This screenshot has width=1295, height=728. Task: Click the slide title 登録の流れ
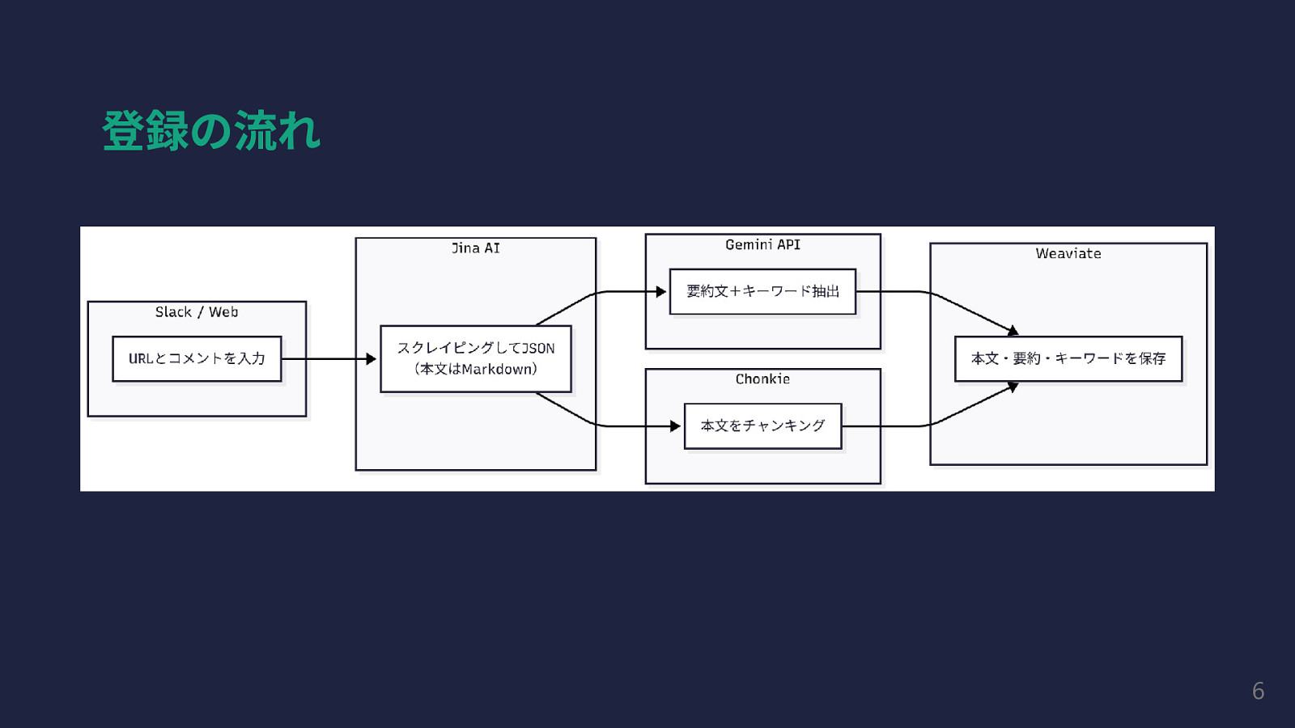coord(211,131)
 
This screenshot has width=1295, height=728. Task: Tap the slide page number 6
coord(1258,691)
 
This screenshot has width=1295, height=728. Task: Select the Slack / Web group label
coord(197,312)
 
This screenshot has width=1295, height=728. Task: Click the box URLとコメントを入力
coord(197,358)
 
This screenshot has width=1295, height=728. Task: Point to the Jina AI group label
coord(476,248)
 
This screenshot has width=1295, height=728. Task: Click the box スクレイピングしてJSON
coord(476,358)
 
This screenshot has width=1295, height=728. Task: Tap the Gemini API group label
coord(762,244)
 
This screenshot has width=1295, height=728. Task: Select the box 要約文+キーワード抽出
coord(762,291)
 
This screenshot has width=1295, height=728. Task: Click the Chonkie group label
coord(762,379)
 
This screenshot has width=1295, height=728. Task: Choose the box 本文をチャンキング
coord(762,425)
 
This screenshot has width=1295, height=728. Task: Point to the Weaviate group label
coord(1068,253)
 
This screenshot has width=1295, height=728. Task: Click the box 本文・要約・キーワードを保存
coord(1068,358)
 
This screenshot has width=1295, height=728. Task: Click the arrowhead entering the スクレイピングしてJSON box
coord(372,358)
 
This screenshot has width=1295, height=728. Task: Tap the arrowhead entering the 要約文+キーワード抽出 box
coord(661,291)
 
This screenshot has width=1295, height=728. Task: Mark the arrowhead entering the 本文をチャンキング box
coord(676,425)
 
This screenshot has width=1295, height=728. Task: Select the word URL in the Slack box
coord(140,358)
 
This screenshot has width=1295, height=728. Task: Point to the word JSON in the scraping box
coord(538,349)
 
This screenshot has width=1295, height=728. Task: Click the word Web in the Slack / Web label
coord(223,312)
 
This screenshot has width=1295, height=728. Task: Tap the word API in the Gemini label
coord(788,244)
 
